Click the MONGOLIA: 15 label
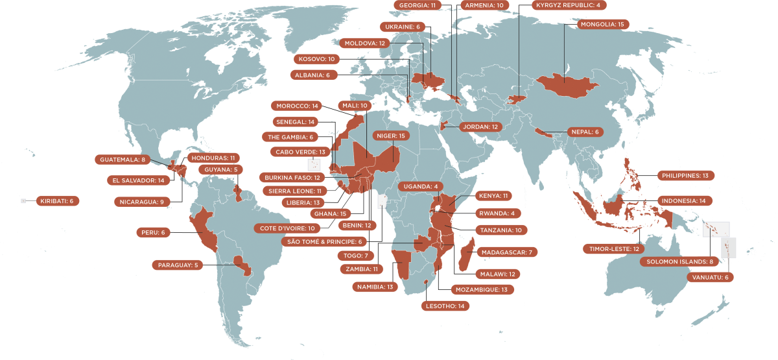(x=603, y=25)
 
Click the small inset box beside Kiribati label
(x=23, y=201)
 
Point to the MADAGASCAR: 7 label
(x=507, y=252)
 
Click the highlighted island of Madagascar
(x=464, y=254)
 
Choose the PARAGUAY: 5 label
(x=178, y=265)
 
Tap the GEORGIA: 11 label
(x=418, y=5)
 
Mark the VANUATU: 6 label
(x=709, y=278)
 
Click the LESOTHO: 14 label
(x=444, y=306)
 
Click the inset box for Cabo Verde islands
(x=314, y=164)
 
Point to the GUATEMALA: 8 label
(x=122, y=160)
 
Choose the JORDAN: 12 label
(x=480, y=127)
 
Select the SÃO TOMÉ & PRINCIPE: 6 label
(x=324, y=242)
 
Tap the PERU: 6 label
(x=153, y=232)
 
